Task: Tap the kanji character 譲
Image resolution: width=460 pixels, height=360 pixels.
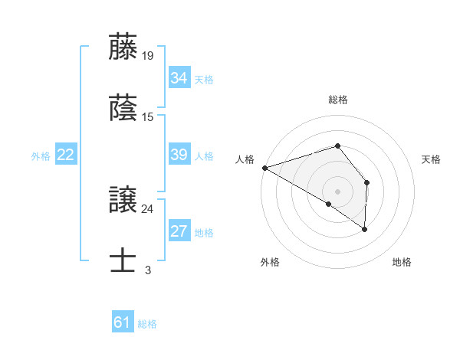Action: click(123, 199)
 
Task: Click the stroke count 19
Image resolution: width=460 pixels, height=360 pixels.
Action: click(149, 55)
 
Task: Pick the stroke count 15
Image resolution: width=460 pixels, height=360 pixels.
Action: click(149, 116)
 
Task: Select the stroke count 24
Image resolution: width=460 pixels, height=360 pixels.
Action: click(148, 208)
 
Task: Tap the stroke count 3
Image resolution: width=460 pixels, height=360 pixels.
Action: click(148, 270)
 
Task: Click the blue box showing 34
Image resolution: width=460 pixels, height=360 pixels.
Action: click(179, 78)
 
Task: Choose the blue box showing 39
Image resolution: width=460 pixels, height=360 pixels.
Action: click(179, 155)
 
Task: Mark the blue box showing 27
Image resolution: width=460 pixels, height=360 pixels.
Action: click(179, 231)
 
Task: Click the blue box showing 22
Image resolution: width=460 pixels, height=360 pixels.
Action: click(65, 155)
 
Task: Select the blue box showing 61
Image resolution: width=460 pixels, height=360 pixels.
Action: click(122, 323)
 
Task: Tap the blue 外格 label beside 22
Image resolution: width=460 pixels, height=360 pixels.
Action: click(41, 156)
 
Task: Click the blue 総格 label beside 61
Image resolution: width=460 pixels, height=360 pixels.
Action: click(147, 324)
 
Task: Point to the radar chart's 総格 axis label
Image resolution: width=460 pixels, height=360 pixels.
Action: click(338, 100)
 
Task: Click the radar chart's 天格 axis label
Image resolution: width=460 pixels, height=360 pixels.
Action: click(432, 159)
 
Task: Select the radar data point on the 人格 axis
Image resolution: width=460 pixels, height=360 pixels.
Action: click(264, 167)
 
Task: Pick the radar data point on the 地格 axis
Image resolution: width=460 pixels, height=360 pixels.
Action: click(365, 229)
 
